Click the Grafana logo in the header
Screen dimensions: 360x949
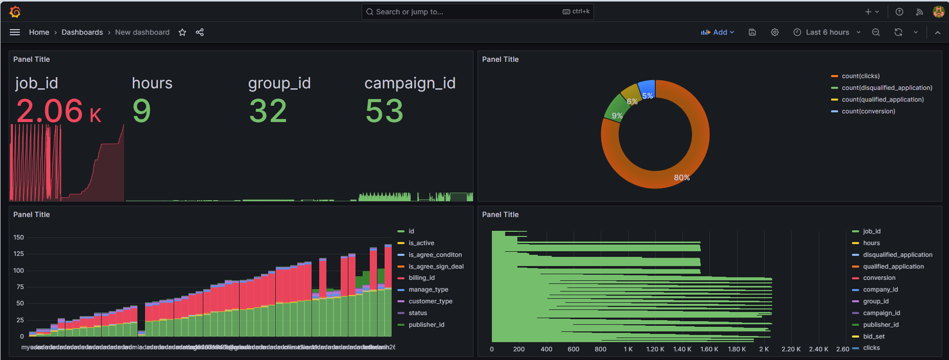coord(15,12)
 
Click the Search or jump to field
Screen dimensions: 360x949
coord(460,12)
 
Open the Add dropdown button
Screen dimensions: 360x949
coord(718,32)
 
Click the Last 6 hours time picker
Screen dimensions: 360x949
coord(827,32)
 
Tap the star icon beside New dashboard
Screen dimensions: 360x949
coord(182,32)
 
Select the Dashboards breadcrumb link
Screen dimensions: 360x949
coord(82,32)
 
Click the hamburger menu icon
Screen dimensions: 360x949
coord(15,32)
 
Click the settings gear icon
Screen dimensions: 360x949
coord(775,32)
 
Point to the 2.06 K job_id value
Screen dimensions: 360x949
coord(58,111)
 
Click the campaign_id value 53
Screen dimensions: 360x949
coord(384,111)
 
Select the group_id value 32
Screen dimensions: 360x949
coord(268,111)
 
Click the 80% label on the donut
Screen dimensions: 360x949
coord(681,178)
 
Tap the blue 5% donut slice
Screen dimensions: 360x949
coord(647,88)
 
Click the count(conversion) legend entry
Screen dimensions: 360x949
coord(868,111)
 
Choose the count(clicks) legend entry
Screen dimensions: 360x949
coord(861,76)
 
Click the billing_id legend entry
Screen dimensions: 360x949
coord(421,278)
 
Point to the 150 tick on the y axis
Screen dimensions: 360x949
coord(18,237)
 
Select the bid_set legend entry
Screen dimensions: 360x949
coord(873,337)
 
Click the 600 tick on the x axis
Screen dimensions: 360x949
coord(573,349)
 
